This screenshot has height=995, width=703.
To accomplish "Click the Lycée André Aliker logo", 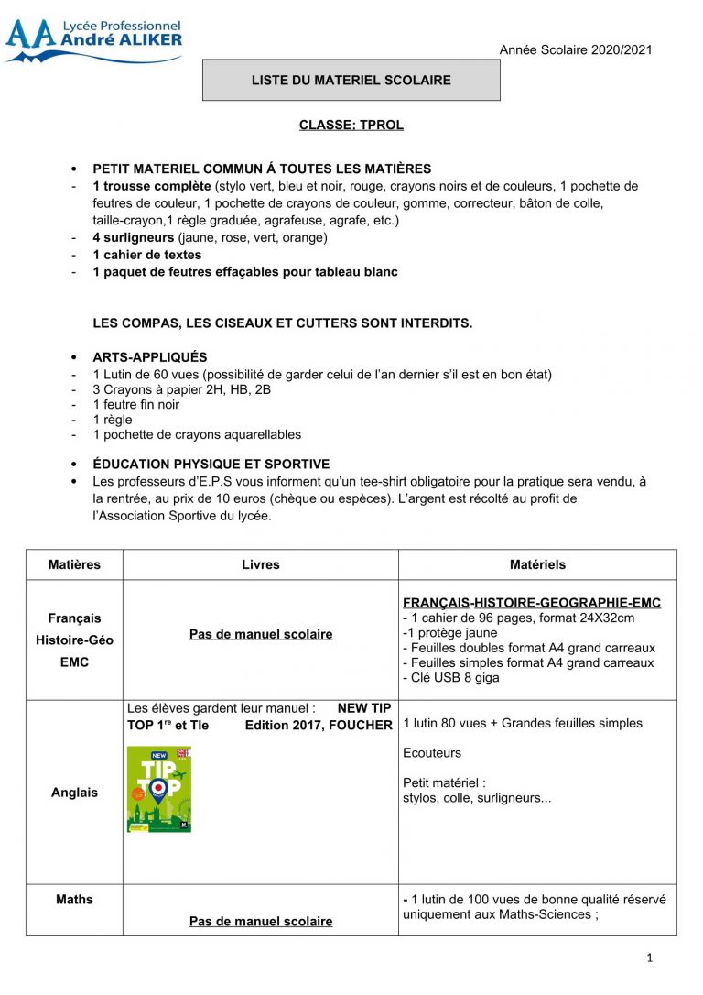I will pos(93,40).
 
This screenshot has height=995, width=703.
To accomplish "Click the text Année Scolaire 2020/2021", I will pos(575,49).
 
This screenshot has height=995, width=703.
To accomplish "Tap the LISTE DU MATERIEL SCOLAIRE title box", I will pos(351,81).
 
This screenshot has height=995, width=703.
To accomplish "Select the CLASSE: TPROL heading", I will pos(351,125).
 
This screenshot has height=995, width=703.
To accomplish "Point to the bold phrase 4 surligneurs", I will pos(134,237).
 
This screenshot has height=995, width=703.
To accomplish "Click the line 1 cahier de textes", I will pos(147,255).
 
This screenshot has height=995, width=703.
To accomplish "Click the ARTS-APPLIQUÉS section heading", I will pos(150,357).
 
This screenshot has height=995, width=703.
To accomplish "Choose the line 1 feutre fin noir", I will pos(136,404).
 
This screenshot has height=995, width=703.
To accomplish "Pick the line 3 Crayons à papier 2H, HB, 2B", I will pos(181,389).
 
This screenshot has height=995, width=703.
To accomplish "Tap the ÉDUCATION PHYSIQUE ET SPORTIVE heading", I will pos(211,465).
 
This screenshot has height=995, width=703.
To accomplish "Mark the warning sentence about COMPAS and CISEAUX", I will pos(283,323).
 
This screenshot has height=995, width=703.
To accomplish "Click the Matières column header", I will pos(74,564).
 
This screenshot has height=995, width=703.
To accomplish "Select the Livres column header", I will pos(261,564).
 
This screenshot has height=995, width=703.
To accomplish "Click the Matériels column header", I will pos(537,564).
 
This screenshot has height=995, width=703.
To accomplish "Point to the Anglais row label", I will pos(74,793).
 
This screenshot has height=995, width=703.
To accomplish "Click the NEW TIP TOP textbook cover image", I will pos(158,789).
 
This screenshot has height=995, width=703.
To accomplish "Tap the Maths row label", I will pos(74,900).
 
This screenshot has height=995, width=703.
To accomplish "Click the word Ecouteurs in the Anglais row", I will pos(432,753).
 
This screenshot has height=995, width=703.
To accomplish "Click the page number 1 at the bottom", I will pos(649,958).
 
